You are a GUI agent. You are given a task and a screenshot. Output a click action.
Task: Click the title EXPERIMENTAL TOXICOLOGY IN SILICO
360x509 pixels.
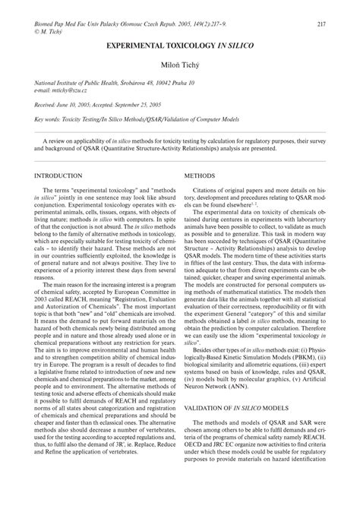tap(179, 47)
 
